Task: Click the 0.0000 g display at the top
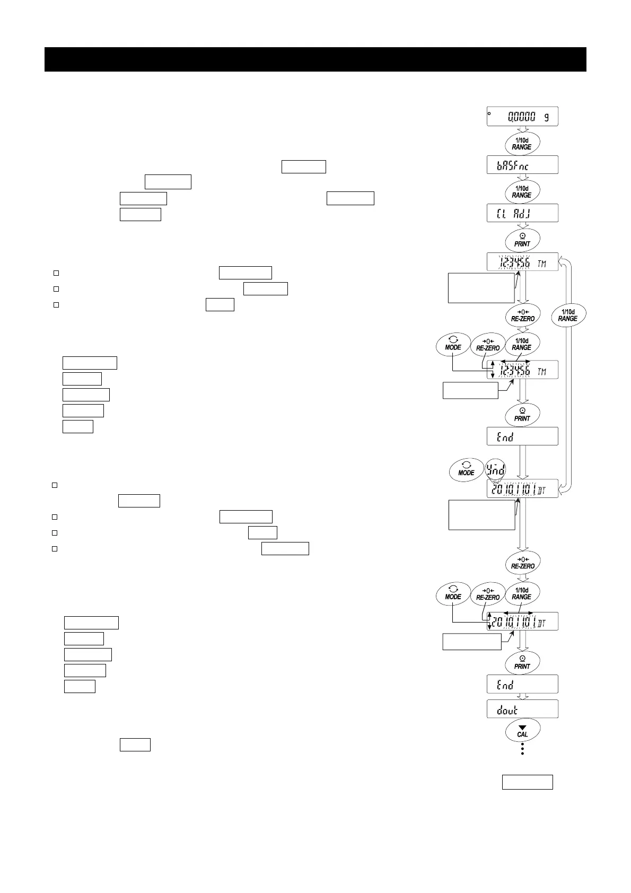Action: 522,117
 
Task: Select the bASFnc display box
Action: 522,165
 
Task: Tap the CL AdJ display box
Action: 522,213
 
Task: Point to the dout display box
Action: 522,709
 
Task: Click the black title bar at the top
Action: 315,59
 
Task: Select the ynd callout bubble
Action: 496,469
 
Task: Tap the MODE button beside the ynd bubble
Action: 466,469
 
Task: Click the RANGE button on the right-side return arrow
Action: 567,315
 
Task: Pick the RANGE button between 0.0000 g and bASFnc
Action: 522,143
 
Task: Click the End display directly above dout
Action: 522,684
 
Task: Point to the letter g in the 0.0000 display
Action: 546,117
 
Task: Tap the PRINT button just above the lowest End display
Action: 522,662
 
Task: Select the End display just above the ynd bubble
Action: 522,436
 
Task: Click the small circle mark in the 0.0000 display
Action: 490,113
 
